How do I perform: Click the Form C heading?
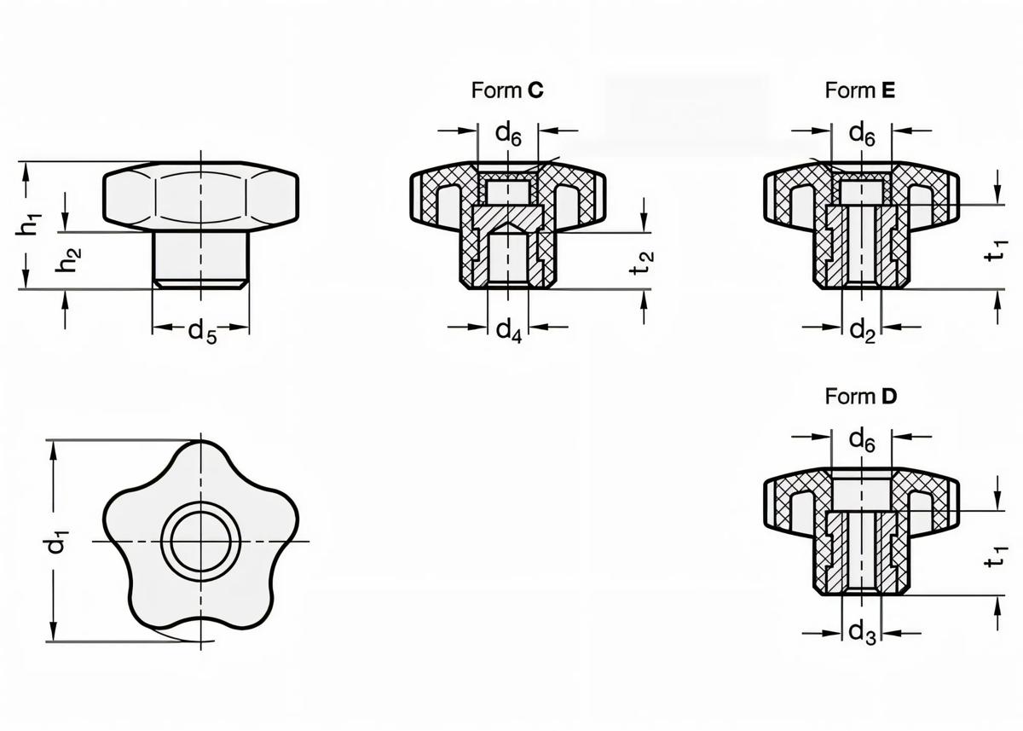click(x=507, y=90)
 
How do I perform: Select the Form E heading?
click(x=860, y=90)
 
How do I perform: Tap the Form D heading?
click(x=860, y=397)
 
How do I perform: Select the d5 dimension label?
click(x=202, y=332)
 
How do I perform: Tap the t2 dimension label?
click(x=645, y=262)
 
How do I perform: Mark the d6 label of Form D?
click(x=862, y=439)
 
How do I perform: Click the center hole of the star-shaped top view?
click(x=201, y=542)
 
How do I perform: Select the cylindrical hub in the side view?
click(x=201, y=258)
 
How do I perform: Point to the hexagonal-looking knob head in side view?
click(x=201, y=197)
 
